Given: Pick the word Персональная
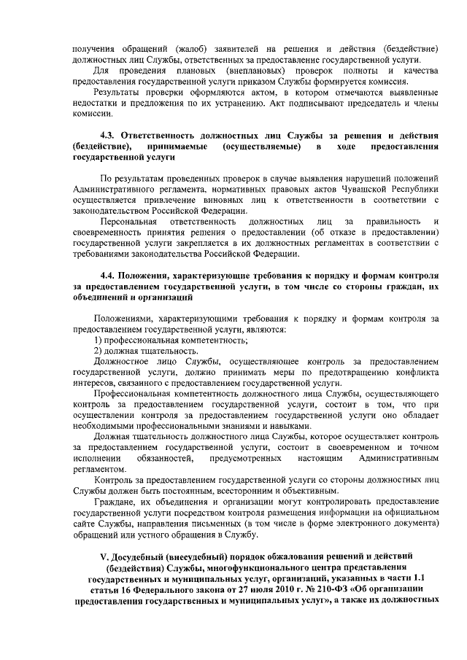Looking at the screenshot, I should point(130,220).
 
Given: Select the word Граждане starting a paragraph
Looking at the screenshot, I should point(115,502).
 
